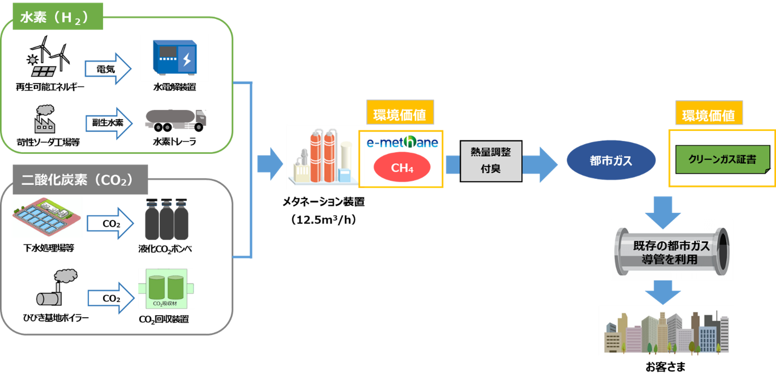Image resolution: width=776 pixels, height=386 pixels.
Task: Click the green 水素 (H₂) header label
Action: (x=57, y=17)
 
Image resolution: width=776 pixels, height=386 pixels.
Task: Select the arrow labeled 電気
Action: (x=107, y=69)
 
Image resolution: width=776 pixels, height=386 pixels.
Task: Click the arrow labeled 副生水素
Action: (x=108, y=123)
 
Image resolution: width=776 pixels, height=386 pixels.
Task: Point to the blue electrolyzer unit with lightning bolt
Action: (x=174, y=58)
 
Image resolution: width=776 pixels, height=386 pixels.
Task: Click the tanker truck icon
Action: (x=176, y=120)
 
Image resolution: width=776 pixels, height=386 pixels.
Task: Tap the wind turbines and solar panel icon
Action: (x=49, y=57)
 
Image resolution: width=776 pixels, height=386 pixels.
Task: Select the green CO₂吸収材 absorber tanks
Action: (x=166, y=289)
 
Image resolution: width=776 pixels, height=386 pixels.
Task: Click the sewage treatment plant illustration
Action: (x=47, y=217)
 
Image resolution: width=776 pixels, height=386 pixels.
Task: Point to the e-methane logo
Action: (x=402, y=142)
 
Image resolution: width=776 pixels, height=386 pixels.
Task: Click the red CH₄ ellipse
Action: (x=402, y=168)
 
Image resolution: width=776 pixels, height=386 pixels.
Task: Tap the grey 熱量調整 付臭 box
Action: (x=490, y=161)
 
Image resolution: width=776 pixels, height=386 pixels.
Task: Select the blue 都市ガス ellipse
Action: (x=611, y=161)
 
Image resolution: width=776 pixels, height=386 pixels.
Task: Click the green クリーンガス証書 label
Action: (x=722, y=160)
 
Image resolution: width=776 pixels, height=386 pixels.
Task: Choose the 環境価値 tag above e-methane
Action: (x=400, y=114)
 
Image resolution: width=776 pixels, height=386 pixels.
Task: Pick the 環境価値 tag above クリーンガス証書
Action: (x=709, y=115)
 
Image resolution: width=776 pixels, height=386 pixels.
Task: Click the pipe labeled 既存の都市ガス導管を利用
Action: (x=672, y=250)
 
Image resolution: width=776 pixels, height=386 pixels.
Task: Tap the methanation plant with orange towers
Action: (x=324, y=157)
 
